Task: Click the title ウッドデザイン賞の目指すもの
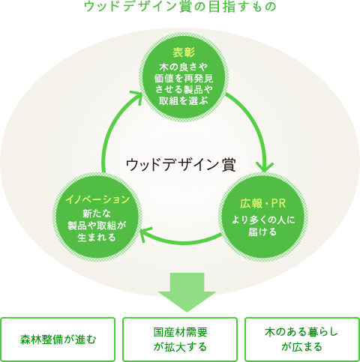(180, 7)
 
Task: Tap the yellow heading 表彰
(184, 52)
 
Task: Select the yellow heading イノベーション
(97, 199)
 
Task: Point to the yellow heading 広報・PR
(262, 204)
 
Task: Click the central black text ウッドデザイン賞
(181, 165)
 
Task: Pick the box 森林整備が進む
(58, 340)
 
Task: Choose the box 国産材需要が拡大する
(180, 340)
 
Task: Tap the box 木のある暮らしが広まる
(302, 340)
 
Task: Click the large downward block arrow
(187, 292)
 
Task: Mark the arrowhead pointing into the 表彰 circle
(137, 97)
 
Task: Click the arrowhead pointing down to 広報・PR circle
(265, 167)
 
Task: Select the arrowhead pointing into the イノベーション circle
(145, 234)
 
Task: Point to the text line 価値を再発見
(184, 79)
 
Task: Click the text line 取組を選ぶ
(184, 100)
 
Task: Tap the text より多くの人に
(263, 220)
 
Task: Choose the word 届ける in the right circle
(262, 232)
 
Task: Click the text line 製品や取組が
(97, 226)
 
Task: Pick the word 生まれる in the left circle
(97, 237)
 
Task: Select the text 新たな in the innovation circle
(97, 214)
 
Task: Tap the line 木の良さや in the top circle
(184, 67)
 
